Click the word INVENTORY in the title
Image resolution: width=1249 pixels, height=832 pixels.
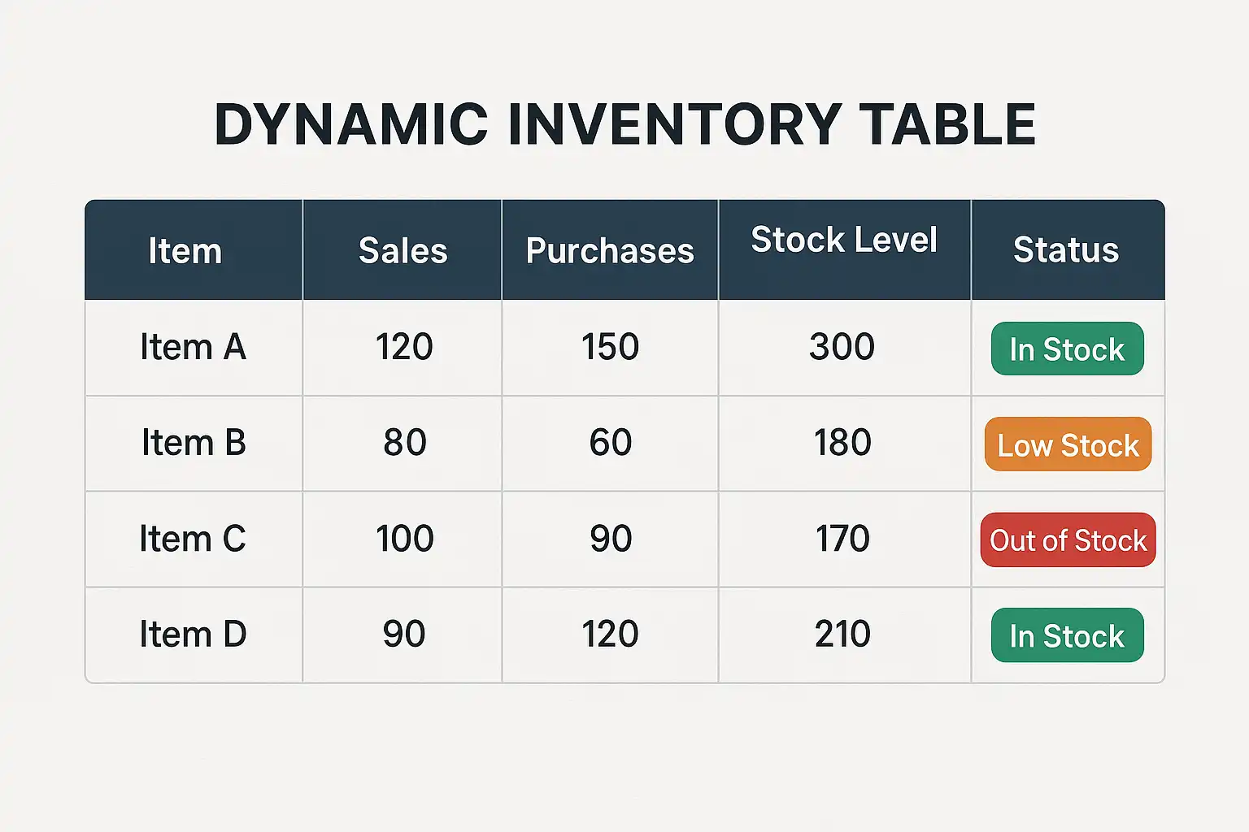point(675,124)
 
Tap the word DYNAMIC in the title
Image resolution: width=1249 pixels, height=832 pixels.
point(351,124)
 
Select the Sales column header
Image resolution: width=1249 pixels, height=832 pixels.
point(403,250)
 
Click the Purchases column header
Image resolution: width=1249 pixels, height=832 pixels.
point(610,251)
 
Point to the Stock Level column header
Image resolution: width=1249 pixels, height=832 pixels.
point(844,240)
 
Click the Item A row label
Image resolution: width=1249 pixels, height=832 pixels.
point(193,347)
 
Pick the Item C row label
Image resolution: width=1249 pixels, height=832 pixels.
point(193,539)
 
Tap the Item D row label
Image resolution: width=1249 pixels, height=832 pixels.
point(193,635)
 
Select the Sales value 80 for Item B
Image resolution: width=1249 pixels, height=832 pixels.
point(405,443)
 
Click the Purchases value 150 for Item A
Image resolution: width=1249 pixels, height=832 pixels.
point(610,347)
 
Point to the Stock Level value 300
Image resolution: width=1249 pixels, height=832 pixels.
point(842,347)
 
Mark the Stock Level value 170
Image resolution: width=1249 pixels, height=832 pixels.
point(842,539)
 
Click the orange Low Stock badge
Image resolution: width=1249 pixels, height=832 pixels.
point(1068,444)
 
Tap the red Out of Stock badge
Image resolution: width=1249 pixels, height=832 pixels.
point(1068,540)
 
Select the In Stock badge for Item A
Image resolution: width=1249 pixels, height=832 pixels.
point(1067,349)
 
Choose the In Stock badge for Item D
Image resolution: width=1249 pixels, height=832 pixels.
point(1067,635)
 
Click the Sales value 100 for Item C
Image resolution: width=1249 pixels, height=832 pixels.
point(405,539)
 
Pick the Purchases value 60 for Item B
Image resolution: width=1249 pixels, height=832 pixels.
point(611,443)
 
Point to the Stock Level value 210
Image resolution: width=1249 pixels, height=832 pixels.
point(842,635)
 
